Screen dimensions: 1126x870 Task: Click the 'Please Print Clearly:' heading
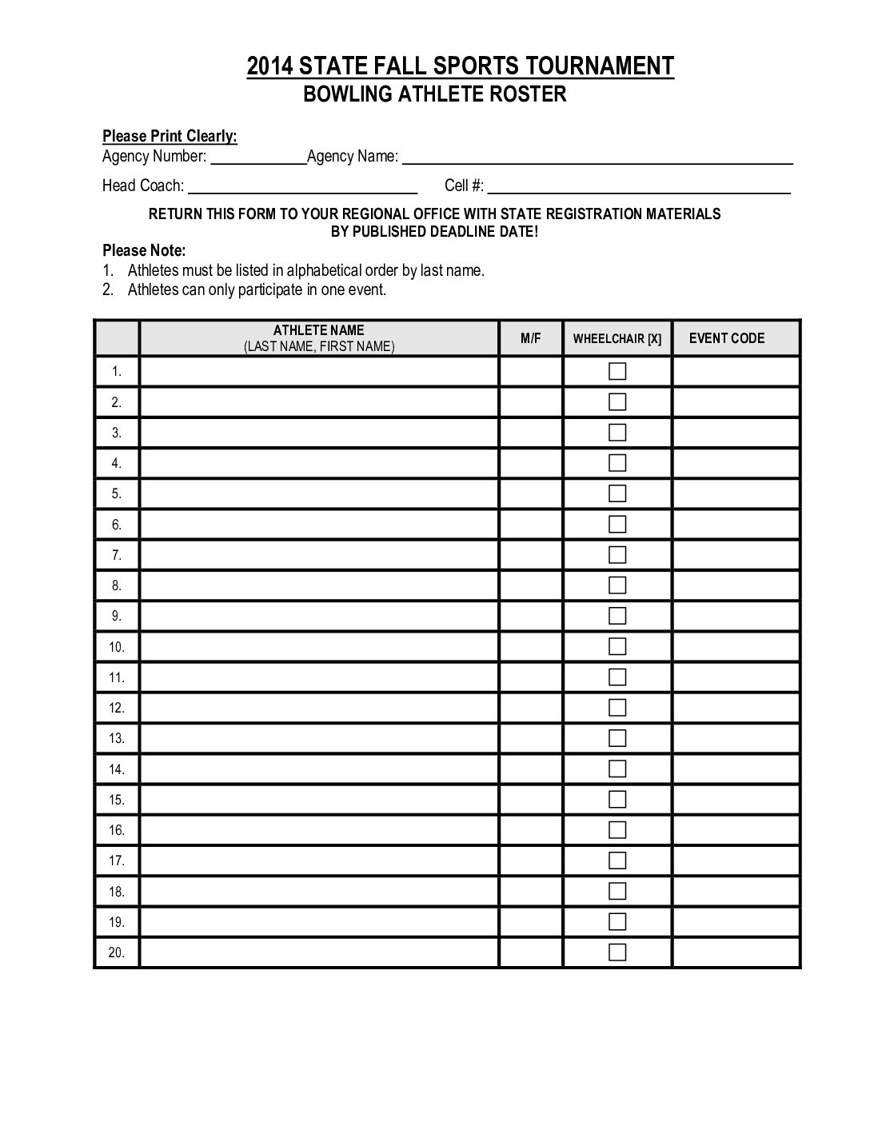pos(170,137)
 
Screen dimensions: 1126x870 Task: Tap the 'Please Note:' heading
pos(144,251)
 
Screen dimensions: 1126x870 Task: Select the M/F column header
pos(531,338)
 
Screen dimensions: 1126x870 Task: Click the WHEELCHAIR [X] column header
pos(617,339)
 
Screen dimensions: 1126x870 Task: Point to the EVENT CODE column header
pos(727,338)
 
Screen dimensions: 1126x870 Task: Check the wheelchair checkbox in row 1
pos(617,371)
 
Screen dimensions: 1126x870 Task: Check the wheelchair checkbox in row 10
pos(617,646)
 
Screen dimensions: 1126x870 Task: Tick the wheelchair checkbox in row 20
pos(617,952)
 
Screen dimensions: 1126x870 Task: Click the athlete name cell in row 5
pos(319,493)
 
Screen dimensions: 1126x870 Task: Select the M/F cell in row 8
pos(531,585)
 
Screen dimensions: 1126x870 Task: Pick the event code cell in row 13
pos(736,738)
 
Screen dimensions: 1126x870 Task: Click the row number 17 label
pos(117,860)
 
